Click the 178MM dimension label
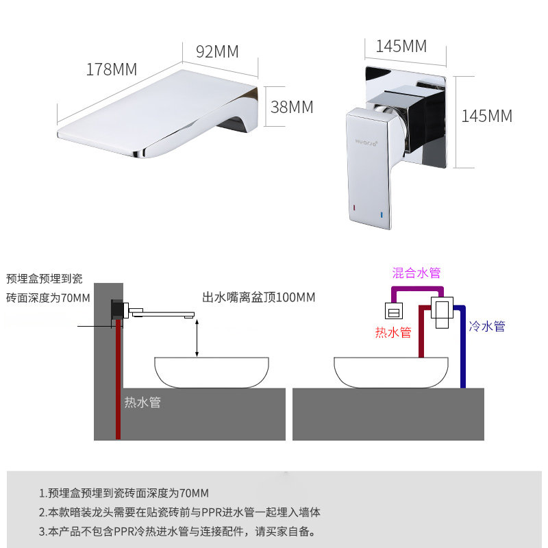pyautogui.click(x=112, y=69)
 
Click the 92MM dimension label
pyautogui.click(x=217, y=51)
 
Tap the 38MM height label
pyautogui.click(x=292, y=107)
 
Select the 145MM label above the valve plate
pyautogui.click(x=401, y=47)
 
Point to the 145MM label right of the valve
pyautogui.click(x=486, y=116)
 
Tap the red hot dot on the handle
pyautogui.click(x=353, y=206)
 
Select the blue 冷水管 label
pyautogui.click(x=487, y=327)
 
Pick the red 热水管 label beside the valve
pyautogui.click(x=393, y=332)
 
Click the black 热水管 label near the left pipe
pyautogui.click(x=142, y=402)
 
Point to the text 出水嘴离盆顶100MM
pyautogui.click(x=258, y=297)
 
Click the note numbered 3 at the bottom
pyautogui.click(x=177, y=531)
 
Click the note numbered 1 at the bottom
pyautogui.click(x=124, y=493)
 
